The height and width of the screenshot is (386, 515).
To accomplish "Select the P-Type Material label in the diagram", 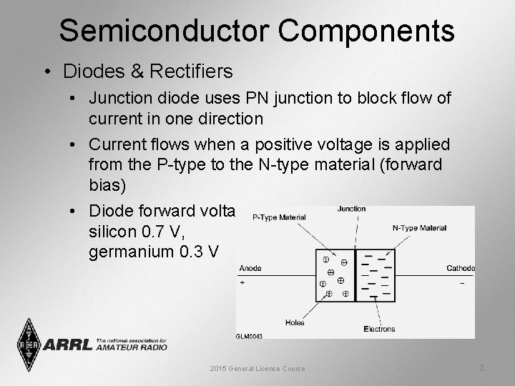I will pos(279,217).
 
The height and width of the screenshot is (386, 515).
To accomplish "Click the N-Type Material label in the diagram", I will pos(419,228).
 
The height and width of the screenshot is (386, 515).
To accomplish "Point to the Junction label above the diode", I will pos(351,209).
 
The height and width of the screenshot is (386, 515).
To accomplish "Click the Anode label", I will pos(250,269).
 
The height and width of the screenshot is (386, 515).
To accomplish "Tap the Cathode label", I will pos(461,269).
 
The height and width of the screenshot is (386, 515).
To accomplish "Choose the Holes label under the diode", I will pos(295,322).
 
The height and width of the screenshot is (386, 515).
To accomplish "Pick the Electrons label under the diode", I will pos(379,330).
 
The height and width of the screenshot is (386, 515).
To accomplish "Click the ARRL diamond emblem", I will pos(29,345).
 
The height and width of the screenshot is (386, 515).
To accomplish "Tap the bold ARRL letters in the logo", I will pos(68,345).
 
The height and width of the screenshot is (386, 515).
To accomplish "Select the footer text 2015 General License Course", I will pos(257,368).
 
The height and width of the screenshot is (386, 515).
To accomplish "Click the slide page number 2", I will pos(481,367).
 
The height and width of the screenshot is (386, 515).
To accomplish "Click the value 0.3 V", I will pos(203,252).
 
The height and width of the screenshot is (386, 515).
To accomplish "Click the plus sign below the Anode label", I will pos(242,283).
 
